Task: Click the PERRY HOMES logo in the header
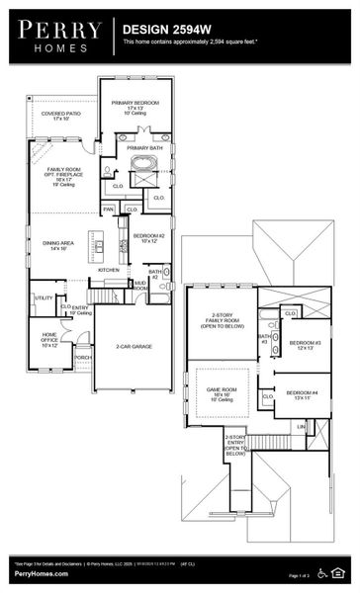(56, 37)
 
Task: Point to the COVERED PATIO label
(61, 116)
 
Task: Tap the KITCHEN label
(109, 269)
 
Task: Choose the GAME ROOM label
(221, 393)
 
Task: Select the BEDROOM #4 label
(300, 394)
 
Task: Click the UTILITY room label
(44, 297)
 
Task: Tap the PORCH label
(83, 358)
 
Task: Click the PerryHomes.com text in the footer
(41, 574)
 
